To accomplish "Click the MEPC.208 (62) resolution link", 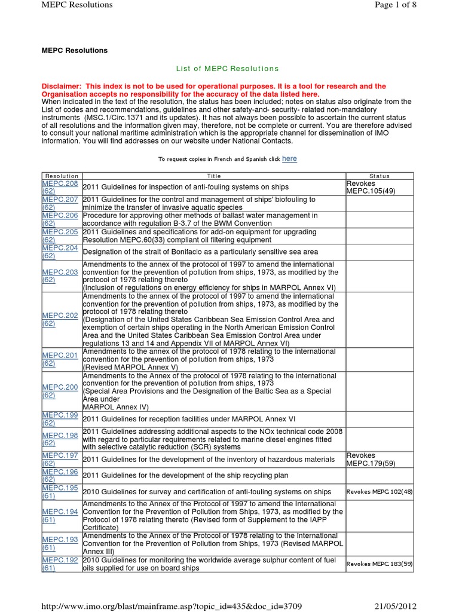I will (60, 187).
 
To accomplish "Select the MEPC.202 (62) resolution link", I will (60, 319).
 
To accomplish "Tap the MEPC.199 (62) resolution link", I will (60, 419).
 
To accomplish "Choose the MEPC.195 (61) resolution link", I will (60, 492).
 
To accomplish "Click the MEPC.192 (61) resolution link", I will (60, 564).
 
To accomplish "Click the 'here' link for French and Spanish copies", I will (289, 158).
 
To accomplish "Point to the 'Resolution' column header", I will (62, 176).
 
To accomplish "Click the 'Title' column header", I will (213, 176).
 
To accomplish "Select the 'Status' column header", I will (379, 176).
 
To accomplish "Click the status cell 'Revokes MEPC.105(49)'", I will (371, 187).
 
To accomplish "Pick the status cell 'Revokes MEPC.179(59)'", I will (371, 459).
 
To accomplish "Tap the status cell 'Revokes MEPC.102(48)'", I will (379, 492).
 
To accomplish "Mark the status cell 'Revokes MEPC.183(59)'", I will (379, 564).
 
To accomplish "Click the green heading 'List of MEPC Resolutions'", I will (227, 69).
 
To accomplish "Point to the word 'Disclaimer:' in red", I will (62, 87).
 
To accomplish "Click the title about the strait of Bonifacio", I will (200, 252).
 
